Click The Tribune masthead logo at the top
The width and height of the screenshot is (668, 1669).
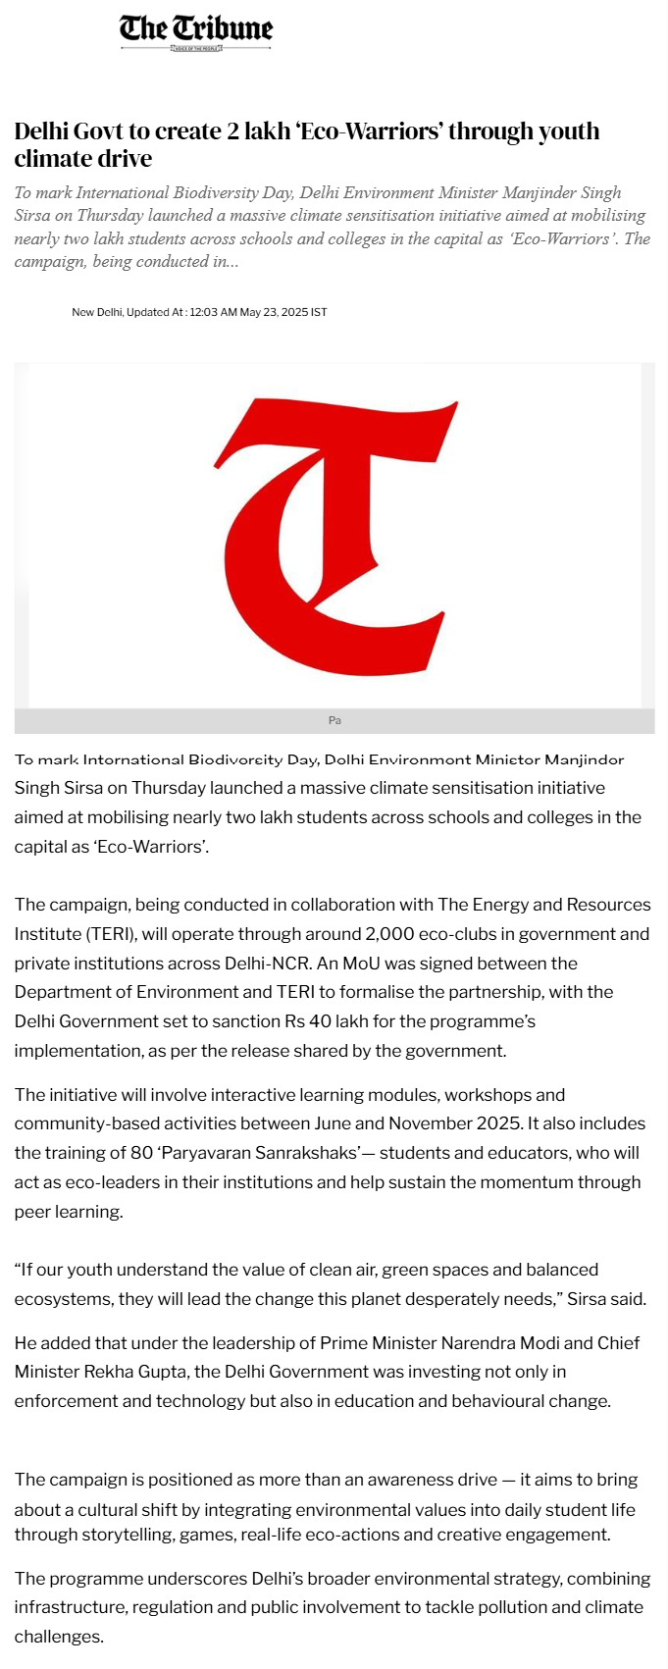[x=196, y=31]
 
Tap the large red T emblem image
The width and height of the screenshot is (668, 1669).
[x=334, y=535]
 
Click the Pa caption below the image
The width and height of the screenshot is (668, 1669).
[x=334, y=720]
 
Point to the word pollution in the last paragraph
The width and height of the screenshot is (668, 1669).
[x=471, y=1607]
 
